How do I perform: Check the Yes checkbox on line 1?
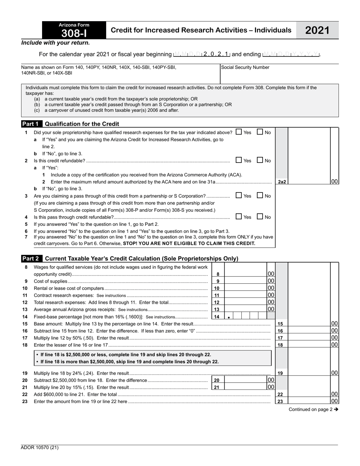point(238,132)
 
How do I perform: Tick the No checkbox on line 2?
point(260,160)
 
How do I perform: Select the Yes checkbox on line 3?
point(238,195)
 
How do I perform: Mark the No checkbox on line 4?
point(260,217)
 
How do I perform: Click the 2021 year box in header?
point(317,30)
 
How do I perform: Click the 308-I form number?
point(74,33)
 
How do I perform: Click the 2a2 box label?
point(282,182)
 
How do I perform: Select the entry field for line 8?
point(246,274)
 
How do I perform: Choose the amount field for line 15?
point(309,324)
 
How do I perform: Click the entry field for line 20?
point(246,380)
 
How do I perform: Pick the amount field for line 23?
point(309,401)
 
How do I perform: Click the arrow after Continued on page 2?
point(336,409)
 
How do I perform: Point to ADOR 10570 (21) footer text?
point(40,447)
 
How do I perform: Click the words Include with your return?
point(56,43)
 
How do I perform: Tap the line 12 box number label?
point(217,302)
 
